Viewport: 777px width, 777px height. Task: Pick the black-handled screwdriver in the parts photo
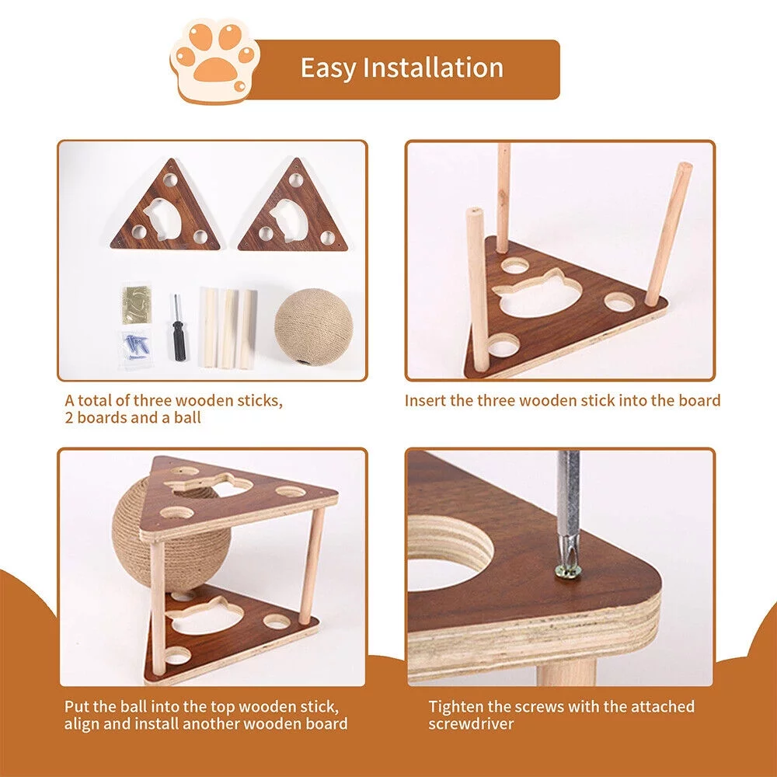(178, 330)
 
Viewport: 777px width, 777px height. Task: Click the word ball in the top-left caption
(186, 418)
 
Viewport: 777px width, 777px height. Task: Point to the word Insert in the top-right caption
(425, 401)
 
